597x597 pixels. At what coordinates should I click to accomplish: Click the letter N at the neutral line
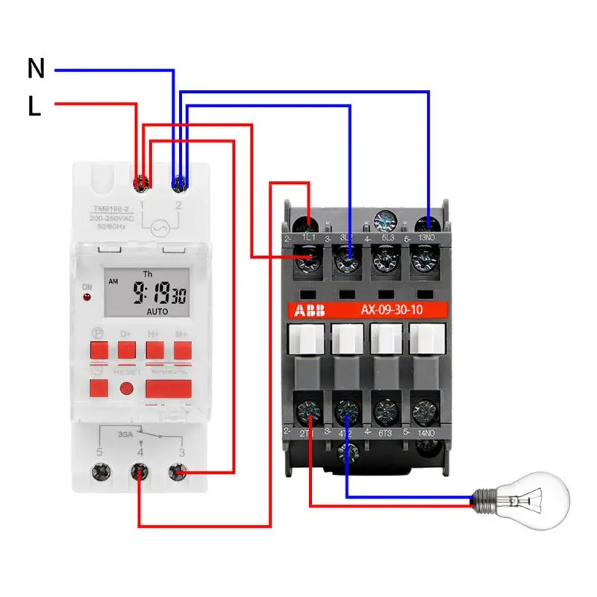36,69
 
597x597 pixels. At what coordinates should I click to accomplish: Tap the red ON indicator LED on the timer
87,298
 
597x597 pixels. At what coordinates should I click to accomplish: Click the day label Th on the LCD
147,274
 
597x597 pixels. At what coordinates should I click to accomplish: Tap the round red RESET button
127,389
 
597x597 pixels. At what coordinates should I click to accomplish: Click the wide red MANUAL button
168,389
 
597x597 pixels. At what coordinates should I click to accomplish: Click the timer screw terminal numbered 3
177,472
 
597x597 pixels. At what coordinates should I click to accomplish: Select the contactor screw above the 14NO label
426,410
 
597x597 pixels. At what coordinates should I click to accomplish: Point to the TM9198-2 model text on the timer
111,209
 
